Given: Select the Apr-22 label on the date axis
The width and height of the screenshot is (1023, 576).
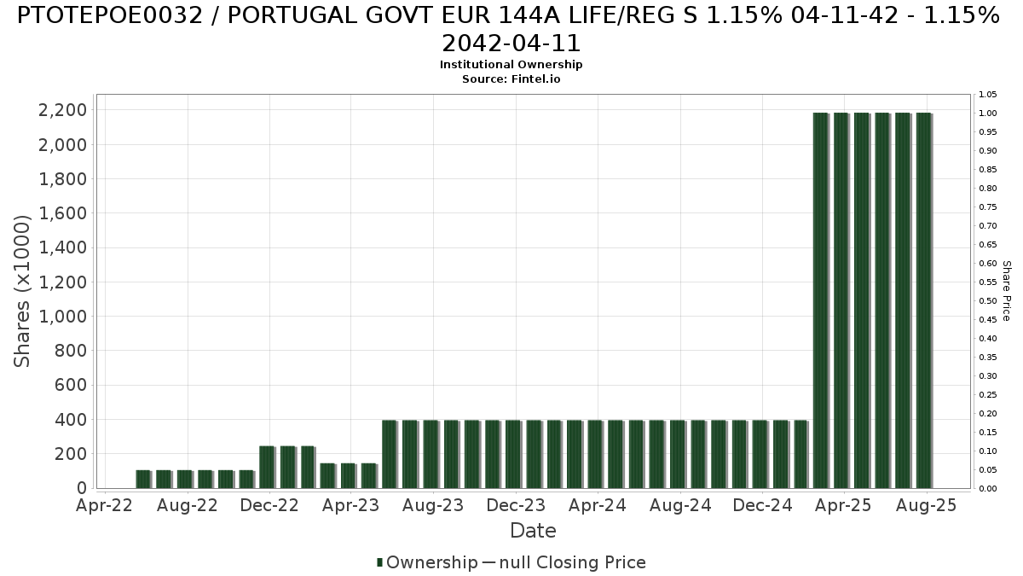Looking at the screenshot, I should [105, 505].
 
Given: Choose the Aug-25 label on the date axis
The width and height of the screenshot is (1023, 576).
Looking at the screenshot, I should [927, 505].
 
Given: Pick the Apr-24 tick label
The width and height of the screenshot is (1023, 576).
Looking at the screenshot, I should [598, 505].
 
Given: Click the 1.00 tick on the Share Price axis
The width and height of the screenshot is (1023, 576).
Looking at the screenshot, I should [987, 113].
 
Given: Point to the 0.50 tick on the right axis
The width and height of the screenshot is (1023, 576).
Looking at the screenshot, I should [987, 301].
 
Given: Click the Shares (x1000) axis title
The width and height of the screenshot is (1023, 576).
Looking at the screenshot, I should [23, 291].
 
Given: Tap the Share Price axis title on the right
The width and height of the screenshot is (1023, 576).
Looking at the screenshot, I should [1007, 291].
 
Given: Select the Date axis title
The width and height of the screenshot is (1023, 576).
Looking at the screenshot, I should [533, 531].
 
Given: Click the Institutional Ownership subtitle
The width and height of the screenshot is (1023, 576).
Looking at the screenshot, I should [511, 65].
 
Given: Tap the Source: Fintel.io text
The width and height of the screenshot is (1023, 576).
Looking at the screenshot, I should [511, 79].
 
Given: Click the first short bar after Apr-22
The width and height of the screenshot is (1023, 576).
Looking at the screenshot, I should [142, 479].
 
